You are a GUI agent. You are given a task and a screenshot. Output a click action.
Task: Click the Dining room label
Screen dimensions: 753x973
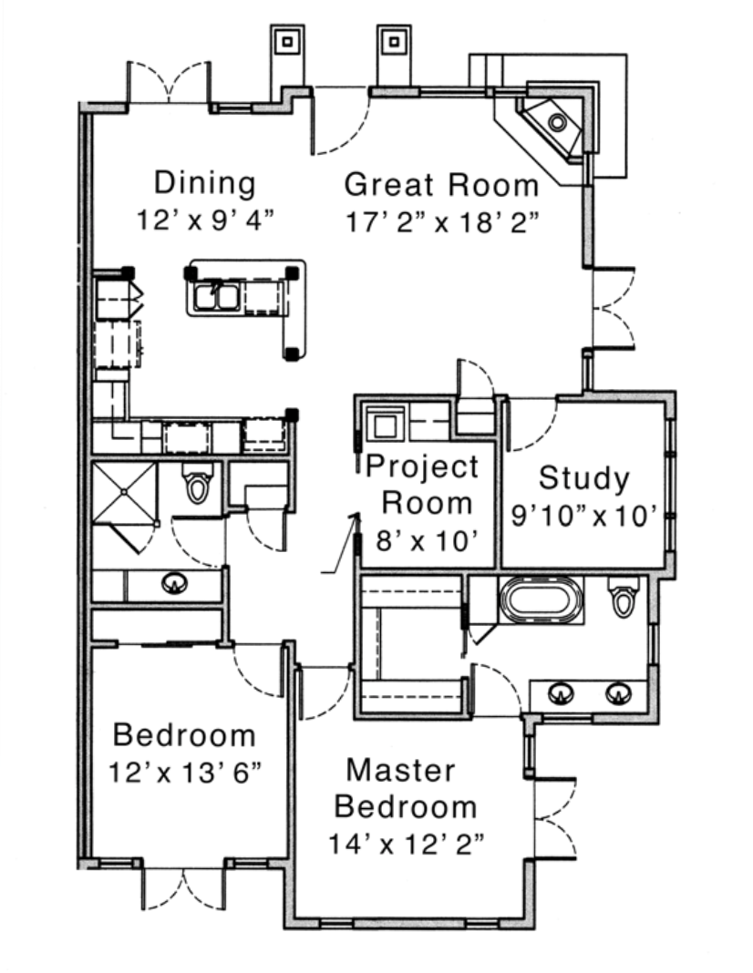[205, 184]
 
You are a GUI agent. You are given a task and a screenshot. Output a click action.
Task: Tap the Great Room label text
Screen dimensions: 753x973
[441, 185]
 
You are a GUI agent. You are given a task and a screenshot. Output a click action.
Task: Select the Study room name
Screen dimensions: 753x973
[584, 478]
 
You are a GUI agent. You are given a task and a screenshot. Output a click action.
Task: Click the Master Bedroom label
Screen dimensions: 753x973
[405, 789]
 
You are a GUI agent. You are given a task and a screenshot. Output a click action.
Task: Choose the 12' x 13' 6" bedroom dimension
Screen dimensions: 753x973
[185, 773]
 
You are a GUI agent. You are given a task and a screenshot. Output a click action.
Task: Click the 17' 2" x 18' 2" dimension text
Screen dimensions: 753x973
[441, 221]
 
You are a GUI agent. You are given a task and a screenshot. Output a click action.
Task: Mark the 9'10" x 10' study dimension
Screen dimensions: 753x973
[583, 516]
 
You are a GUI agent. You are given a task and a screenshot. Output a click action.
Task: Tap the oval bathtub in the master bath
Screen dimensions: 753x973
[540, 600]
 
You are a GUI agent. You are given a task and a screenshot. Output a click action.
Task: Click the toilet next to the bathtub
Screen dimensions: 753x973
[624, 597]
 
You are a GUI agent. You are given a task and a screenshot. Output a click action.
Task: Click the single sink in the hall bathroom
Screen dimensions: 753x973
[174, 583]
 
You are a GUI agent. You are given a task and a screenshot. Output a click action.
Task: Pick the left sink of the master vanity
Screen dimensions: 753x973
[562, 693]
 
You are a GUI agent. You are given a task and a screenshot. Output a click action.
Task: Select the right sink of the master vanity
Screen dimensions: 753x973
[618, 693]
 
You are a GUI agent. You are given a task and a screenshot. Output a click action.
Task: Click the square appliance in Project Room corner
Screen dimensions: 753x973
[385, 424]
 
